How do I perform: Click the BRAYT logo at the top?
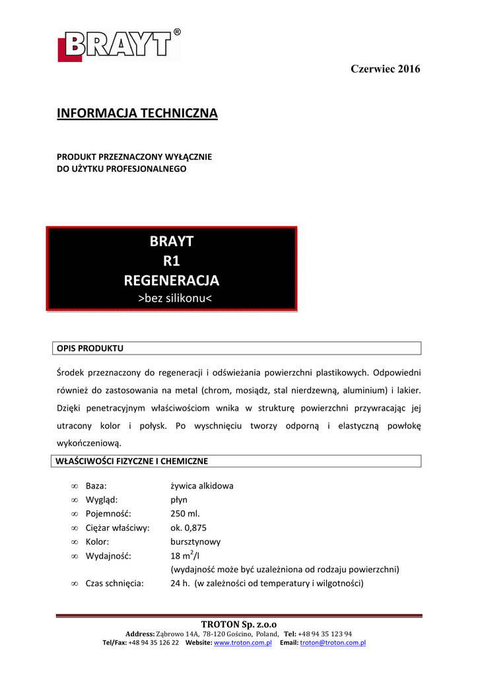(x=119, y=46)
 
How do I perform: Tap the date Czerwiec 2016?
(x=385, y=69)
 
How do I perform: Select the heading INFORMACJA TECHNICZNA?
(x=137, y=114)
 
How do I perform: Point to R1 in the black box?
(x=171, y=261)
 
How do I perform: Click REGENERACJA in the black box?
(x=171, y=281)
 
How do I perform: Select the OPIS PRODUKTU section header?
(x=90, y=348)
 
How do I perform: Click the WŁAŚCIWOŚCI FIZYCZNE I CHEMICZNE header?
(x=132, y=461)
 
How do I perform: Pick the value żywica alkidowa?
(x=201, y=486)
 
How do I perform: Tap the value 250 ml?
(x=185, y=514)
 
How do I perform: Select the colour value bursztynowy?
(x=195, y=541)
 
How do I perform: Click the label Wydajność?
(x=108, y=555)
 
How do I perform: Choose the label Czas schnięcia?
(x=115, y=583)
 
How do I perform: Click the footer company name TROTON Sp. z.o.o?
(x=238, y=625)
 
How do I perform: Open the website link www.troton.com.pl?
(x=243, y=642)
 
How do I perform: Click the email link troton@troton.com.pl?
(x=333, y=642)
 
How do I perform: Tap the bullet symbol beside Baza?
(x=74, y=486)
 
